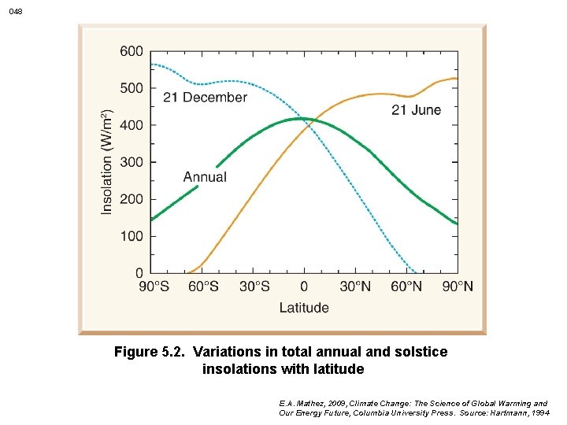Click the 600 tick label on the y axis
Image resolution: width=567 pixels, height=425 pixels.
pos(132,51)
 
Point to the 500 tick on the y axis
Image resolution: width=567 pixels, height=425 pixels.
pos(132,88)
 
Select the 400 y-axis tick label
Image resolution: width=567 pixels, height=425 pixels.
pos(132,125)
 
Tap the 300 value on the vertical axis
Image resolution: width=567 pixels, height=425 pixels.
pos(132,162)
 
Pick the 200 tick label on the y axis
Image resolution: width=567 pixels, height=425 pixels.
pos(132,199)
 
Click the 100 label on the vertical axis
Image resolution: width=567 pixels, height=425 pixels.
pos(132,236)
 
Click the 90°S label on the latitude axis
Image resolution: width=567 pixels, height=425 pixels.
pos(154,286)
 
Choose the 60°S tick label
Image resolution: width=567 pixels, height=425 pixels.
pos(204,286)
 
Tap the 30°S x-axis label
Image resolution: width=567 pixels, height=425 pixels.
pos(254,286)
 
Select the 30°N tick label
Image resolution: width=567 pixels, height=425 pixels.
pos(355,286)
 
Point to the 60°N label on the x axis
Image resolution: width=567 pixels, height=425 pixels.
pos(406,286)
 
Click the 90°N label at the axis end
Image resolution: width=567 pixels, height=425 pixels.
pos(457,286)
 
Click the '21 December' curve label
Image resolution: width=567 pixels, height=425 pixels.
pos(205,98)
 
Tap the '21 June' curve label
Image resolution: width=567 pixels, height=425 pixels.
pos(417,110)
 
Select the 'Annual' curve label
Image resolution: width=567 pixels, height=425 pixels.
pos(205,177)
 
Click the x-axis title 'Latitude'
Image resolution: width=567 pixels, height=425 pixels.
pos(304,308)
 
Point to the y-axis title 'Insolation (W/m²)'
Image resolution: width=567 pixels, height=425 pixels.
pos(108,161)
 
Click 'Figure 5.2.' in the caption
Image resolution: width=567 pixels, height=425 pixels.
pos(150,352)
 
